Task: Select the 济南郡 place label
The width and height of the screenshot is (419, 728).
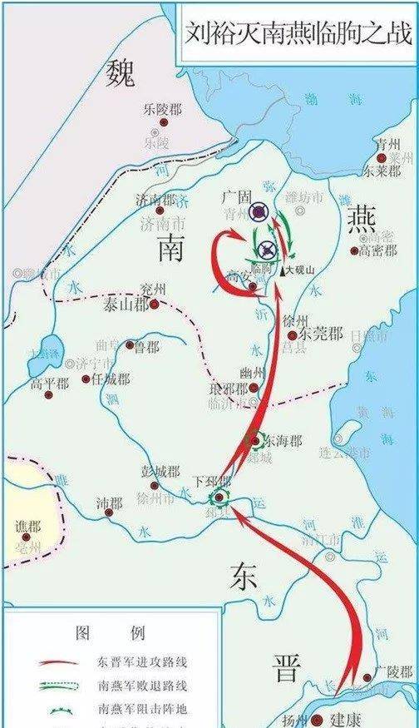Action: [x=155, y=200]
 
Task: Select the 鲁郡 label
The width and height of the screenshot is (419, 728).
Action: [x=147, y=346]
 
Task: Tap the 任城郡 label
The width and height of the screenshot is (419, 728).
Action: [x=111, y=379]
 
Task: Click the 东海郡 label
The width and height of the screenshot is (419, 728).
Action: [x=283, y=438]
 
